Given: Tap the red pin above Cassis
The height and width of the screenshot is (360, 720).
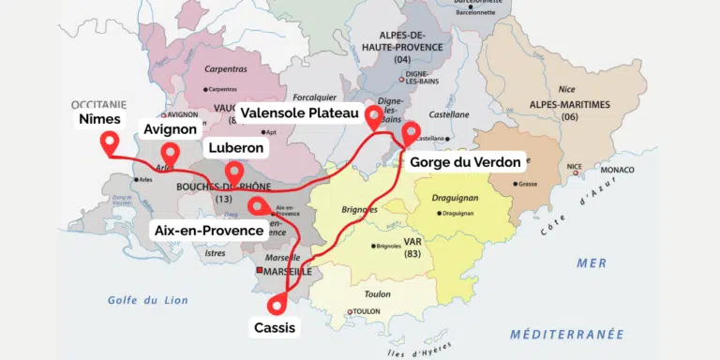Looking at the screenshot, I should click(277, 304).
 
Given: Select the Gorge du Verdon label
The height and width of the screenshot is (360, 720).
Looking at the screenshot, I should click(465, 162).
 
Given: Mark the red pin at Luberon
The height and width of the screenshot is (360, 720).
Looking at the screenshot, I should click(234, 172).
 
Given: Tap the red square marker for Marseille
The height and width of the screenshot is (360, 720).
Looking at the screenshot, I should click(261, 271).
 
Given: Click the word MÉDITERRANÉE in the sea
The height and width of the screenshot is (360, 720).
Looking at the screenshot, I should click(567, 334).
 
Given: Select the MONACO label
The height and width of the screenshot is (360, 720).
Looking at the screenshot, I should click(617, 170).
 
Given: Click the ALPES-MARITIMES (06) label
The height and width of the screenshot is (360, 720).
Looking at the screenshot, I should click(569, 110).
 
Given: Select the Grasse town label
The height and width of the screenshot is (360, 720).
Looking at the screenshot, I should click(528, 184).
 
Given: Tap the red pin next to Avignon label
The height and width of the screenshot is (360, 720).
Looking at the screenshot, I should click(170, 152).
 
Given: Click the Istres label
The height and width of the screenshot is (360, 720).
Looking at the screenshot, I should click(215, 253).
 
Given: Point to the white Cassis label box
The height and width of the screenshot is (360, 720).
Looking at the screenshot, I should click(275, 328).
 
